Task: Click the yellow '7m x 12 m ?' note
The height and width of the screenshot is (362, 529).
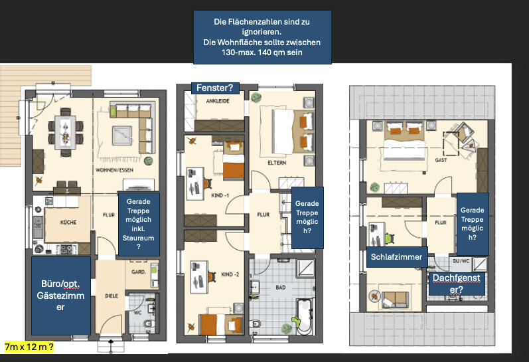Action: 29,347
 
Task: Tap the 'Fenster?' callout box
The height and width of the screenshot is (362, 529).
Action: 215,88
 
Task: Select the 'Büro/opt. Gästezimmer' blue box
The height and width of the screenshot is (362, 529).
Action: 60,296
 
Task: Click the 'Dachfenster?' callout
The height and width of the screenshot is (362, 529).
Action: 456,284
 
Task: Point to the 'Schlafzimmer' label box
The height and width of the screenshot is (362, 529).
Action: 396,257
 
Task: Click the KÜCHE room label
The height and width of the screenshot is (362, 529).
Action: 68,223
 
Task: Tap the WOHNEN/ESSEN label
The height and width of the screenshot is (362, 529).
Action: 114,170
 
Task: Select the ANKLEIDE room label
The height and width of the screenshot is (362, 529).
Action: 218,101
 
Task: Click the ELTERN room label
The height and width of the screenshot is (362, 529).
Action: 277,163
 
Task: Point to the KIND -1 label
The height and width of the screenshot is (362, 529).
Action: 220,195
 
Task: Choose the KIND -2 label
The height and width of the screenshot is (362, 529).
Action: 230,274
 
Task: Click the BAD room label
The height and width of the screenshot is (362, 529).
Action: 281,288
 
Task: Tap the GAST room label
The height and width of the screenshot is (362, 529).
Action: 441,160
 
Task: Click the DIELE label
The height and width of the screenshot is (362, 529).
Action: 112,296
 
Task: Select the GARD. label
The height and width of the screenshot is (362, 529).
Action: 138,272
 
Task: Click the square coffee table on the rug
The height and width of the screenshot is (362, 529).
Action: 122,136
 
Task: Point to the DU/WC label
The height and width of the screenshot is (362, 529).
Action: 461,261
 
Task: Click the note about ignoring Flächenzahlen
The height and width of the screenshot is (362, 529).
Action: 262,37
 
